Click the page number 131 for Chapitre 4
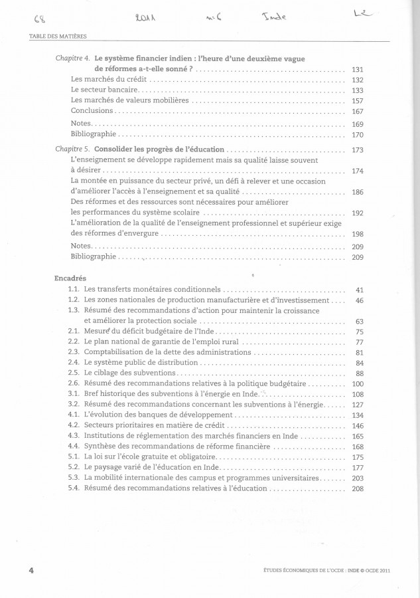(357, 69)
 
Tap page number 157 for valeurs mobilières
(357, 100)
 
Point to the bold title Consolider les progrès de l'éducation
(159, 149)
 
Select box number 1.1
(74, 290)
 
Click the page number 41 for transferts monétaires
(360, 290)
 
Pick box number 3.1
(74, 393)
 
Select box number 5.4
(74, 488)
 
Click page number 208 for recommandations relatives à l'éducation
(357, 488)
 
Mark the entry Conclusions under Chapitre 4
(92, 110)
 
